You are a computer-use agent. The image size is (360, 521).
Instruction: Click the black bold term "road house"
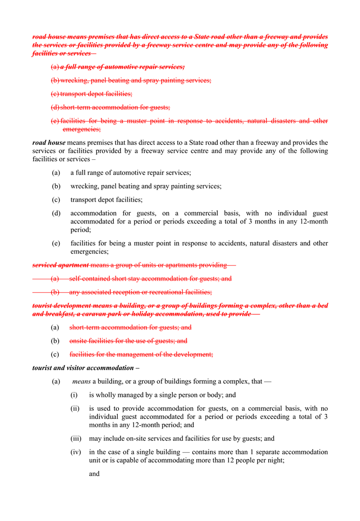point(49,143)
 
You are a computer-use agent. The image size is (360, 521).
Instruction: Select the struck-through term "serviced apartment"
point(61,265)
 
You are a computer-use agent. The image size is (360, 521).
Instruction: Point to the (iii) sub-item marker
point(76,438)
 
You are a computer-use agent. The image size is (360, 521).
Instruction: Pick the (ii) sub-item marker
point(75,408)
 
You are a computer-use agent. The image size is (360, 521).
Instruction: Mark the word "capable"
point(125,460)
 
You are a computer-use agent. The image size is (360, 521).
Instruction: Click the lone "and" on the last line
point(94,474)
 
